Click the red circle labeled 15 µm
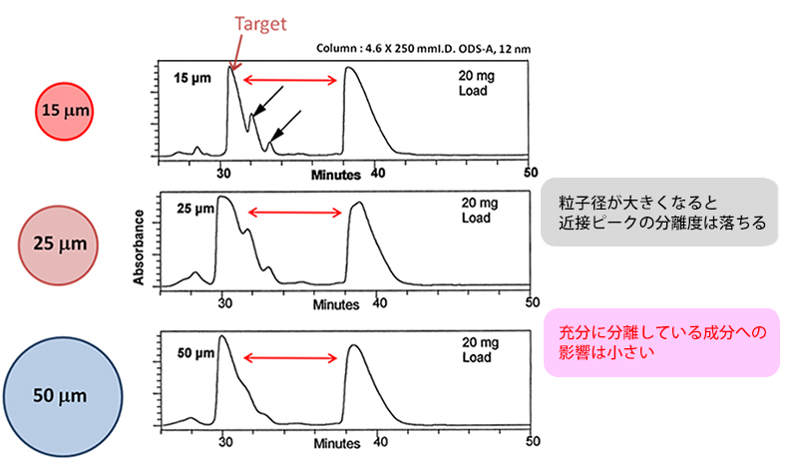point(63,110)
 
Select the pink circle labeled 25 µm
point(63,242)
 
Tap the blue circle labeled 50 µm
point(63,395)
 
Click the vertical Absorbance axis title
point(142,244)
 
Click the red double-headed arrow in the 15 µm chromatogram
point(290,80)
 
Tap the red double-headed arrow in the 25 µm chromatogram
point(294,212)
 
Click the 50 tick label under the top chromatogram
point(531,172)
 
